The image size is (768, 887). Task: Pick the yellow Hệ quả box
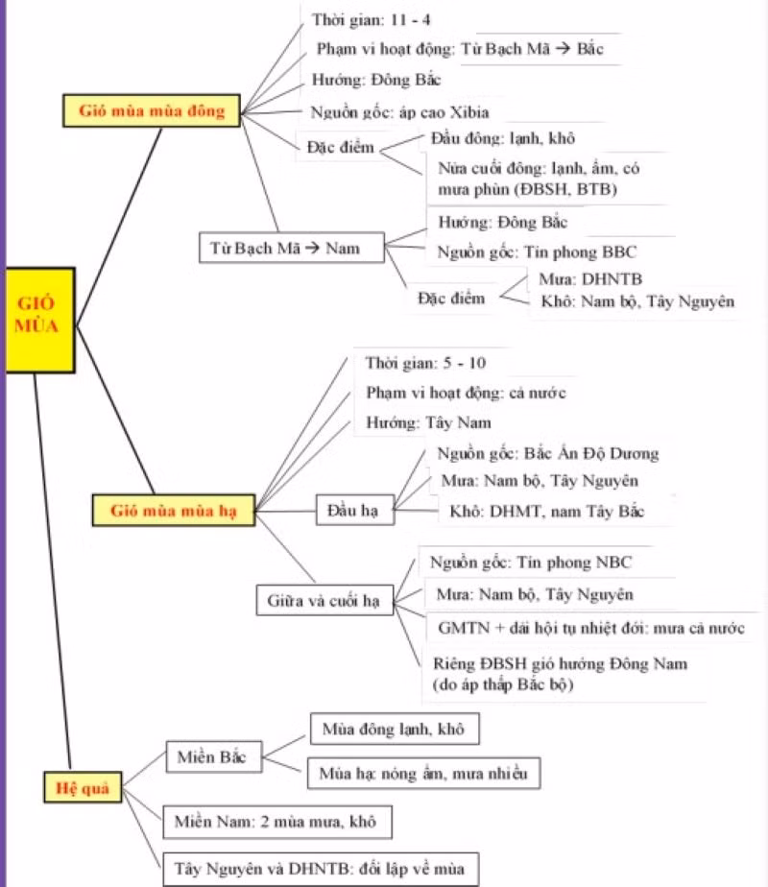[x=78, y=789]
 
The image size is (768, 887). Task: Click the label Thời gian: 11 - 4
[x=364, y=20]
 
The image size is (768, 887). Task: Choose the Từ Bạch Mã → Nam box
[x=291, y=249]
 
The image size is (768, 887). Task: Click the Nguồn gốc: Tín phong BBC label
[x=537, y=252]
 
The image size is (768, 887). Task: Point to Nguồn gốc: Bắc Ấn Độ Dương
[x=548, y=453]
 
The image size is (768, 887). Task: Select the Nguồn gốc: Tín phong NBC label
[x=531, y=563]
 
